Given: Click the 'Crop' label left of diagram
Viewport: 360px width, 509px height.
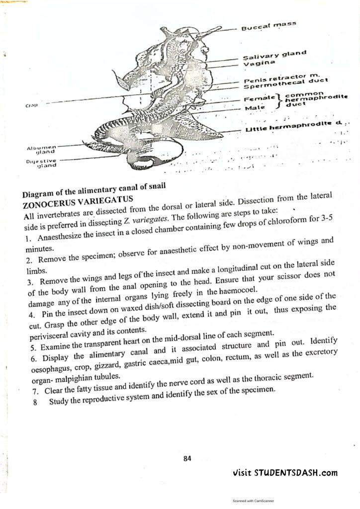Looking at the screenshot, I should coord(30,105).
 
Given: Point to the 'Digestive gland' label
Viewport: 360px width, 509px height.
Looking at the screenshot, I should coord(42,164).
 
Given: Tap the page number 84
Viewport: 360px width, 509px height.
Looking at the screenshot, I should coord(187,458).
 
